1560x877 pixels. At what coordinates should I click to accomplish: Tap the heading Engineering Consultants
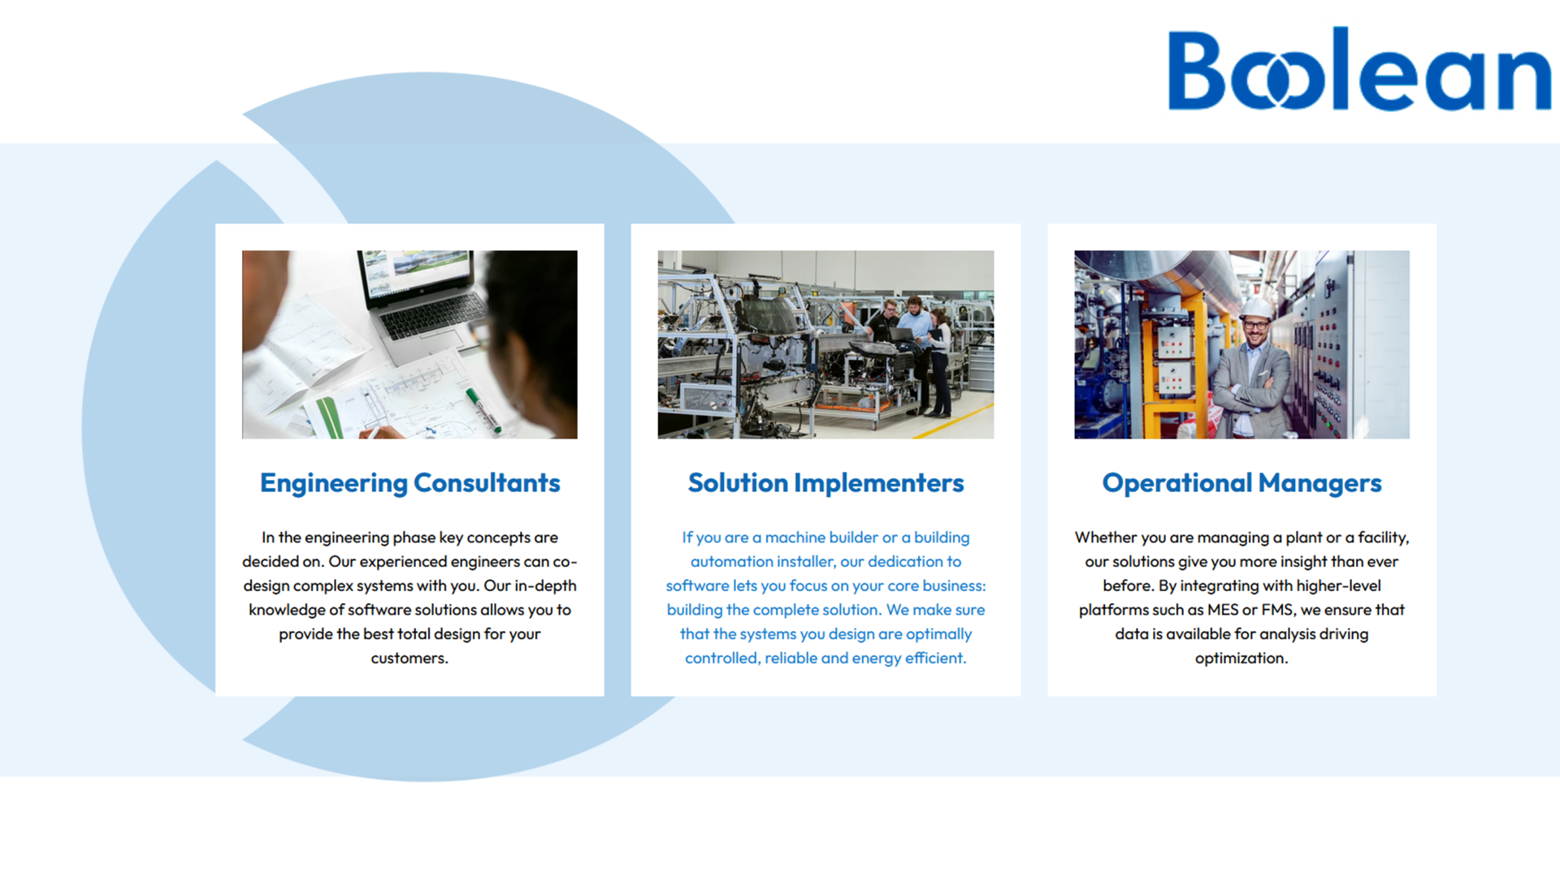409,483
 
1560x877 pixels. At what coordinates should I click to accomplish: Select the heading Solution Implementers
825,483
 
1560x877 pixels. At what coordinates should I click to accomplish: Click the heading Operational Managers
1241,483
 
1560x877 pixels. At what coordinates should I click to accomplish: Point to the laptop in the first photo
422,296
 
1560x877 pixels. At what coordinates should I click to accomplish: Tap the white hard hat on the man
1256,307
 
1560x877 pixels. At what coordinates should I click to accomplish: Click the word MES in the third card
1223,610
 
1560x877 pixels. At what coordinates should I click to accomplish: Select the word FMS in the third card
1276,610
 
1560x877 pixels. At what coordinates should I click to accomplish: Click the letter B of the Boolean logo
1196,70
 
